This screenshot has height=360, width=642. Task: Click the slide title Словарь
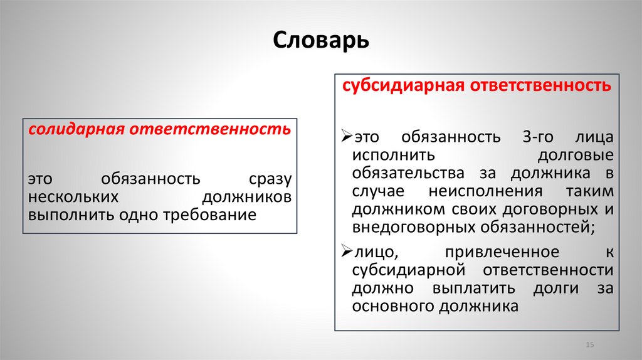pyautogui.click(x=321, y=41)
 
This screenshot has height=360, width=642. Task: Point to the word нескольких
pyautogui.click(x=73, y=197)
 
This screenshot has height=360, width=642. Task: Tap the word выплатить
pyautogui.click(x=473, y=289)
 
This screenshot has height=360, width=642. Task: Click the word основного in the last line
pyautogui.click(x=389, y=307)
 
